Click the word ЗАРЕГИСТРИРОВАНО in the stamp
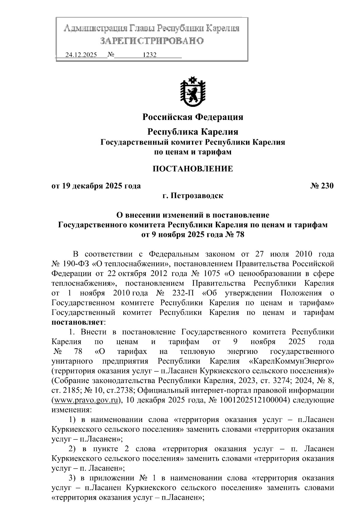point(151,41)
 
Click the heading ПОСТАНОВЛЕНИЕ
point(193,169)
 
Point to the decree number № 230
point(322,186)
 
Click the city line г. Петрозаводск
point(193,196)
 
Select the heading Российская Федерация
point(193,117)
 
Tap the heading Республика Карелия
point(193,132)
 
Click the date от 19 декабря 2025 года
point(96,186)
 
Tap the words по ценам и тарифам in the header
point(193,152)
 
